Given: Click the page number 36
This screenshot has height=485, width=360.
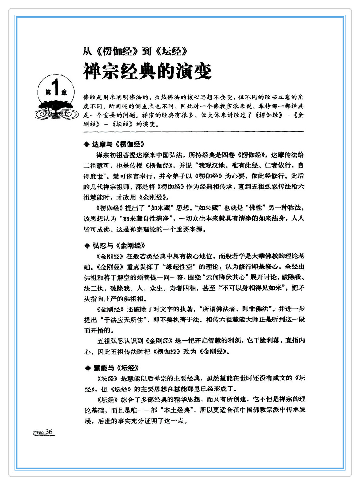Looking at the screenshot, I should tap(49, 432).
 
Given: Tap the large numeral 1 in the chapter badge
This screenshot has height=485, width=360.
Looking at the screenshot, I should tap(55, 88).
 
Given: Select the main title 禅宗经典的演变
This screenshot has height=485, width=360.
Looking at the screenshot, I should tap(147, 71).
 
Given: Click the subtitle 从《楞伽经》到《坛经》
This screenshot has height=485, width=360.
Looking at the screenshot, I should tap(135, 51).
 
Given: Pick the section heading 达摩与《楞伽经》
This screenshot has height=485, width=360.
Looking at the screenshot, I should tap(118, 144).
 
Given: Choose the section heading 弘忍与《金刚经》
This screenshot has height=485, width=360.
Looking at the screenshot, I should tap(119, 245).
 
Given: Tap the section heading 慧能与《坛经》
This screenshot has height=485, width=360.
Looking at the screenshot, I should tap(116, 368).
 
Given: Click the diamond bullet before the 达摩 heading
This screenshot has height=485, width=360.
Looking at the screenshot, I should tap(87, 145).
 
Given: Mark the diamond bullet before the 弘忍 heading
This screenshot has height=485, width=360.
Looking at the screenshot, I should tap(87, 246).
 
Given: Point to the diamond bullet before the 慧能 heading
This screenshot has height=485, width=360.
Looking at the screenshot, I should tap(88, 368).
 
